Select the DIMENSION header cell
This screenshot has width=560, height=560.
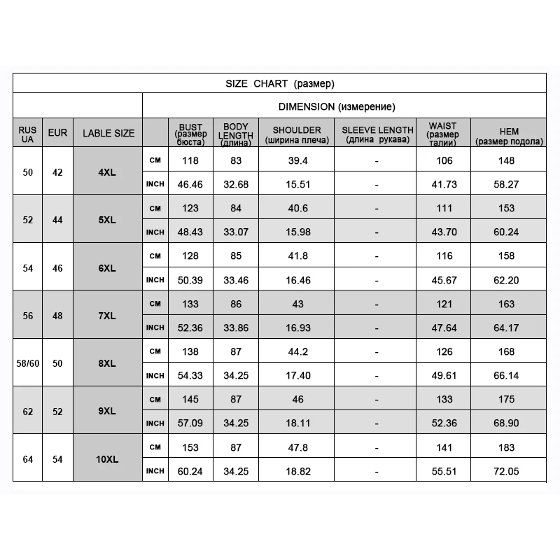[x=337, y=107]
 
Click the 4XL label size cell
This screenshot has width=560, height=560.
[x=108, y=171]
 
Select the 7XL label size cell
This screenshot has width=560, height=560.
[x=108, y=315]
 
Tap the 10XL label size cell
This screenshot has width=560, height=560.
[x=108, y=458]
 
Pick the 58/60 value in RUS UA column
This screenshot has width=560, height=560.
[x=27, y=363]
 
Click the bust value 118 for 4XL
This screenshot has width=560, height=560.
[x=190, y=160]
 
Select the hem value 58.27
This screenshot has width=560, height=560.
[x=508, y=184]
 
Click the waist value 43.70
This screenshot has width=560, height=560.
[x=444, y=232]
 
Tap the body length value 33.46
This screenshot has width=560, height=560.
[x=236, y=279]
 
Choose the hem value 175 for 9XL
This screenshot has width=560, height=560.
[x=508, y=399]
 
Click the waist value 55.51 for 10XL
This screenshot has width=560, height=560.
[x=444, y=471]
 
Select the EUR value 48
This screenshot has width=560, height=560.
[x=57, y=315]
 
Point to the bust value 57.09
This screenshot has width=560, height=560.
[x=190, y=423]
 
